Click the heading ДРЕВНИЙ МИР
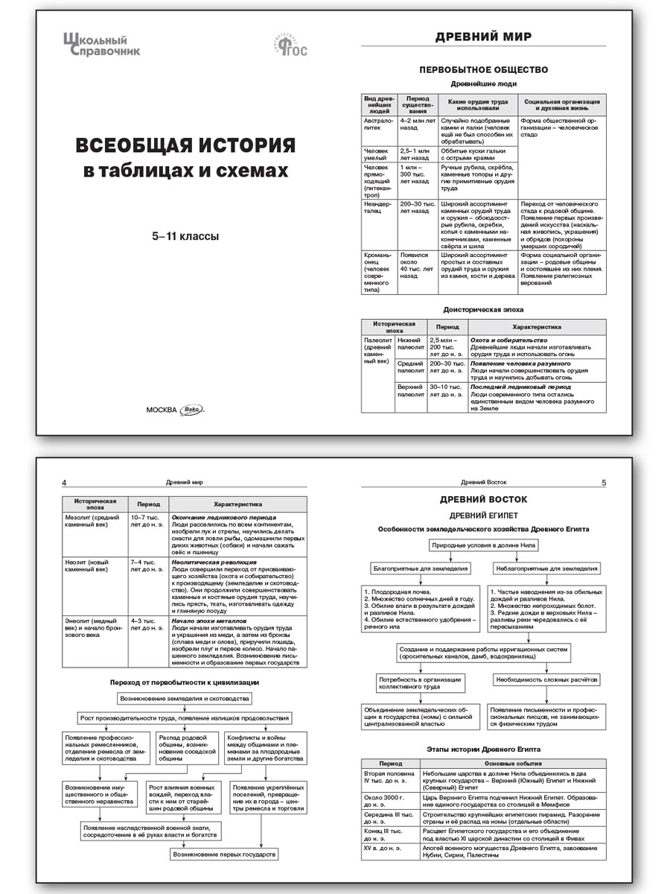483,38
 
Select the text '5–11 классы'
185,237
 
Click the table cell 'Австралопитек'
377,124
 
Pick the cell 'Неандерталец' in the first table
377,207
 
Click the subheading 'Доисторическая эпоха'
483,308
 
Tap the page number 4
65,482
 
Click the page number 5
604,482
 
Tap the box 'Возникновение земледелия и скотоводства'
185,698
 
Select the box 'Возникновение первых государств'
224,855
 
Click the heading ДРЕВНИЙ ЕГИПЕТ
483,515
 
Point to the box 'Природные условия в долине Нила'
483,545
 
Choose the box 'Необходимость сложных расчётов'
546,680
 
